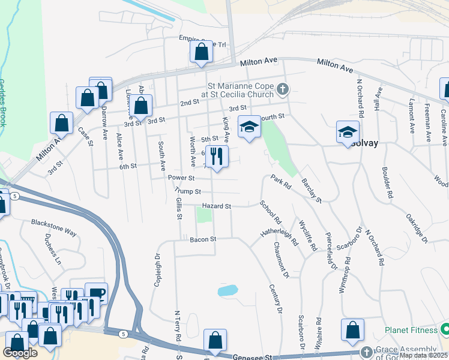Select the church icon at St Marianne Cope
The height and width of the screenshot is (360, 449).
pyautogui.click(x=283, y=91)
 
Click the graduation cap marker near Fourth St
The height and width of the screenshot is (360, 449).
pyautogui.click(x=249, y=127)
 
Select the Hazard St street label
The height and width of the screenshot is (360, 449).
pyautogui.click(x=216, y=206)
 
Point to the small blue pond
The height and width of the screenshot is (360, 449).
pyautogui.click(x=228, y=291)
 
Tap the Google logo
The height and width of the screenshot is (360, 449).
pyautogui.click(x=20, y=353)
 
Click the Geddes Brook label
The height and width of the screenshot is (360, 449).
pyautogui.click(x=2, y=103)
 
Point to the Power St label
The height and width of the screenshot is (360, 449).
pyautogui.click(x=181, y=178)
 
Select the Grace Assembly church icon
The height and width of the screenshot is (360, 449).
pyautogui.click(x=367, y=352)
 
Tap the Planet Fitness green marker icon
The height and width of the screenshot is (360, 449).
pyautogui.click(x=445, y=329)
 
